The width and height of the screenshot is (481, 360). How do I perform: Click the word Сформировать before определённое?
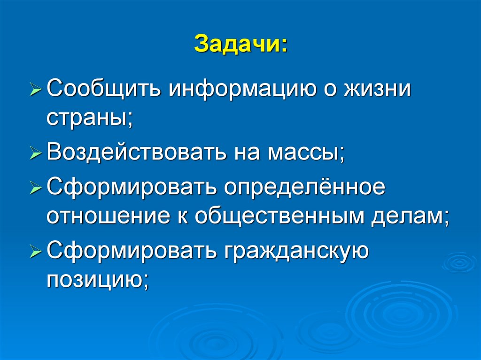(x=131, y=187)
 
